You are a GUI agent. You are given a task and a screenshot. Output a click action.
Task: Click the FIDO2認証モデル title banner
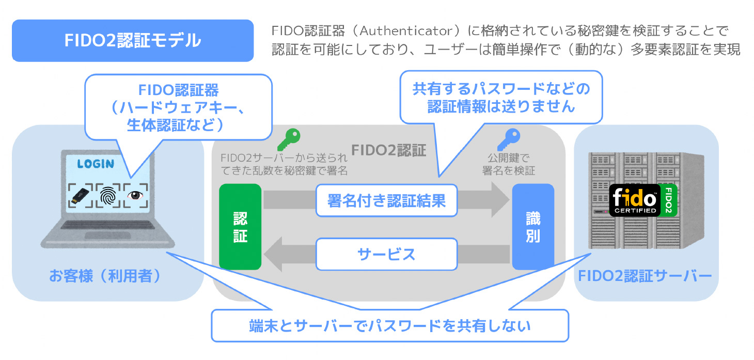click(x=132, y=41)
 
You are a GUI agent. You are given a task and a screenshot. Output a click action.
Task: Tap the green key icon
click(x=288, y=139)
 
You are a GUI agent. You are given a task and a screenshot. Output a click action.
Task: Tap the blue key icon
click(x=508, y=139)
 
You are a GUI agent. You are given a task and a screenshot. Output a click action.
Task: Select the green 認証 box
click(x=240, y=227)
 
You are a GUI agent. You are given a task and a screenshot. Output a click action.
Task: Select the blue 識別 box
click(x=532, y=227)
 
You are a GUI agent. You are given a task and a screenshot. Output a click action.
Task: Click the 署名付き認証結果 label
click(x=386, y=200)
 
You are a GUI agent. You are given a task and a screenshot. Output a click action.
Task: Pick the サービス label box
click(x=386, y=254)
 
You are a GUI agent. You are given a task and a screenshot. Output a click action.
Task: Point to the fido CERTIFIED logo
click(x=635, y=200)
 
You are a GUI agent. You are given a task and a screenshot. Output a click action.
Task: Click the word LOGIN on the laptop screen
click(x=96, y=164)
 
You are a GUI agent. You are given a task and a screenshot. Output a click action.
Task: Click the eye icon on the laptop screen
click(x=136, y=195)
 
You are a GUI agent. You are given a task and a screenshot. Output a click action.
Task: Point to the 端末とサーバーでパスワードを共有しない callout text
click(x=390, y=326)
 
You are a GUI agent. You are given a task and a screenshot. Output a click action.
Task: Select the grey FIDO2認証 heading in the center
click(x=388, y=150)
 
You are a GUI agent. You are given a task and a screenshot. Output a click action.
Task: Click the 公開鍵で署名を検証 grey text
click(x=508, y=164)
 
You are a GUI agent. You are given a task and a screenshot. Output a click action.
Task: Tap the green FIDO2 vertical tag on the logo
click(x=669, y=200)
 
